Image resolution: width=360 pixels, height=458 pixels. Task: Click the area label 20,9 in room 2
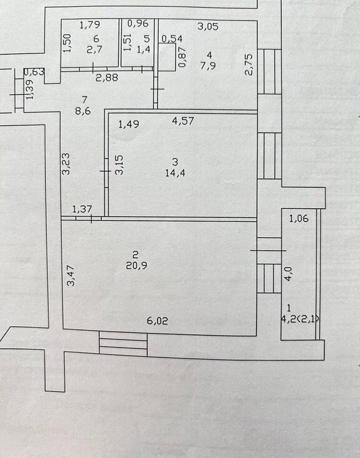pyautogui.click(x=136, y=266)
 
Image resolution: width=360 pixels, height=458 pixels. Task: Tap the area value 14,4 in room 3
pyautogui.click(x=175, y=173)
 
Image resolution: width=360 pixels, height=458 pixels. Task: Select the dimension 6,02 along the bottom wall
pyautogui.click(x=157, y=321)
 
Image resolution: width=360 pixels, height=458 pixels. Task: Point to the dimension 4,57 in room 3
pyautogui.click(x=183, y=121)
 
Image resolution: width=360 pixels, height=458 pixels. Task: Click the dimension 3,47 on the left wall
pyautogui.click(x=71, y=276)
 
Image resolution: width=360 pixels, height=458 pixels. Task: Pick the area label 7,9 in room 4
pyautogui.click(x=208, y=65)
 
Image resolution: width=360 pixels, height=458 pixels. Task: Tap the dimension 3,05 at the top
pyautogui.click(x=207, y=26)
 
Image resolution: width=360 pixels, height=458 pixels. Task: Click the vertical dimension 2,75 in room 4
pyautogui.click(x=249, y=65)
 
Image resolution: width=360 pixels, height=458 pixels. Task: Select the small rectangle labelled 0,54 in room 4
pyautogui.click(x=167, y=57)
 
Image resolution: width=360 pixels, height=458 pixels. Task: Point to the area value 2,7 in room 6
pyautogui.click(x=94, y=49)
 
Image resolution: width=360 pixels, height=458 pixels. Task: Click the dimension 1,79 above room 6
pyautogui.click(x=90, y=24)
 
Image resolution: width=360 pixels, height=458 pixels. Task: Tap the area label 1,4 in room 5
pyautogui.click(x=144, y=49)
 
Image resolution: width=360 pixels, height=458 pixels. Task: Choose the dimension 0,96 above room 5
pyautogui.click(x=138, y=23)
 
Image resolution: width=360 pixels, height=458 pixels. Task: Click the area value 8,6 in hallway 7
pyautogui.click(x=83, y=111)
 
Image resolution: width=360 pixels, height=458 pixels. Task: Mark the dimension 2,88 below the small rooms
pyautogui.click(x=107, y=77)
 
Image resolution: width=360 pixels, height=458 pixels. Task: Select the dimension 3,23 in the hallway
pyautogui.click(x=67, y=164)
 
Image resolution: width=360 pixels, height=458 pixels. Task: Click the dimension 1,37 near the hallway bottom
pyautogui.click(x=82, y=209)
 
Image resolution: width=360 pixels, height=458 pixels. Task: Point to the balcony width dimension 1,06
pyautogui.click(x=299, y=218)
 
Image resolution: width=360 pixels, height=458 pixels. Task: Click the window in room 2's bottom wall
pyautogui.click(x=123, y=344)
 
